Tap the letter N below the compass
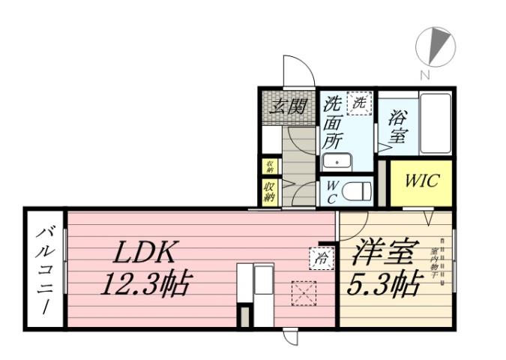(424, 74)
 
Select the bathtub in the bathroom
(434, 123)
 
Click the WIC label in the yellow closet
(421, 181)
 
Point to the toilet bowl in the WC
(357, 191)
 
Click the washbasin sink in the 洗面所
(338, 161)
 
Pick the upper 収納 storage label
(270, 166)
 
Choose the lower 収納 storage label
(270, 190)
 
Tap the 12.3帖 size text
(148, 284)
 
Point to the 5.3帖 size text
(383, 284)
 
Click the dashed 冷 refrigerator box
(319, 259)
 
